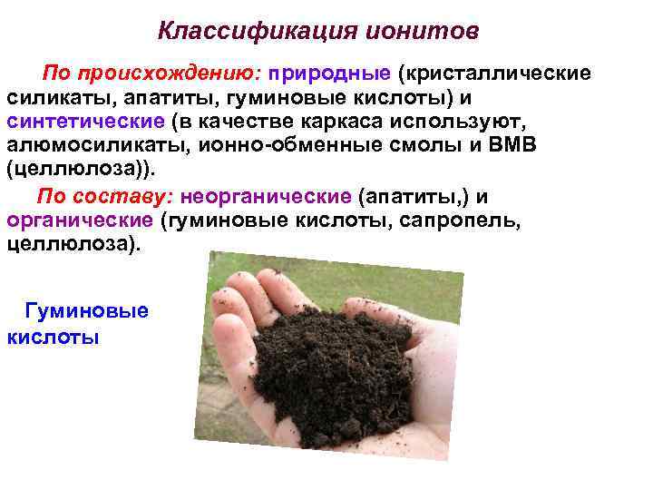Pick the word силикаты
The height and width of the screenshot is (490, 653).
click(x=50, y=97)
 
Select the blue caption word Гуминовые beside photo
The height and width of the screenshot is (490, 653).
click(x=87, y=311)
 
